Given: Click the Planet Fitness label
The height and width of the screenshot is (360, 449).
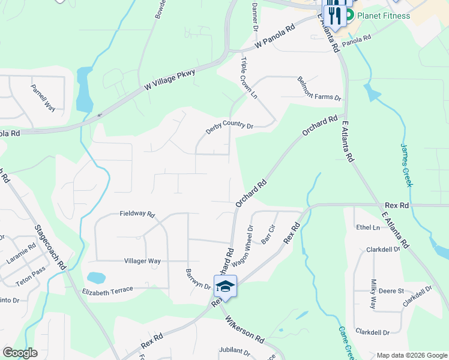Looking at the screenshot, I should [384, 16].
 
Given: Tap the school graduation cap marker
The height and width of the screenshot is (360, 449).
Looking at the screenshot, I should [225, 286].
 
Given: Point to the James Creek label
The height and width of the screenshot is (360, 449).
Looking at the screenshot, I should [406, 164].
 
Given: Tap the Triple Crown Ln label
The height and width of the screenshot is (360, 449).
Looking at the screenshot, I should [249, 78].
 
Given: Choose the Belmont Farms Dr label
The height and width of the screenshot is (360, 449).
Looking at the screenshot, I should [319, 89].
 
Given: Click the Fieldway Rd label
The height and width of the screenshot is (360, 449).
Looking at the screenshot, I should [137, 214].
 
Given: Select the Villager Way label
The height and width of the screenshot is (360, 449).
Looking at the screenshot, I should [142, 261].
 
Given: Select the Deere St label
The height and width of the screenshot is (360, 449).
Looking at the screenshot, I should [391, 290].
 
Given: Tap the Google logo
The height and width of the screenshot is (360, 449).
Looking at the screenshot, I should [20, 353].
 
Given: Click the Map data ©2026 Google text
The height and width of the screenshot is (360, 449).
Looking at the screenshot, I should [412, 355].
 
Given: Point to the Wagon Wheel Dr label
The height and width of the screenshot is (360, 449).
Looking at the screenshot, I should [246, 245].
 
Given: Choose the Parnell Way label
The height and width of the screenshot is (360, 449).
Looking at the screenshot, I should [43, 98].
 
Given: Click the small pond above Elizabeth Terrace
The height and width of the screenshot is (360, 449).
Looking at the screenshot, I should [95, 278].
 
